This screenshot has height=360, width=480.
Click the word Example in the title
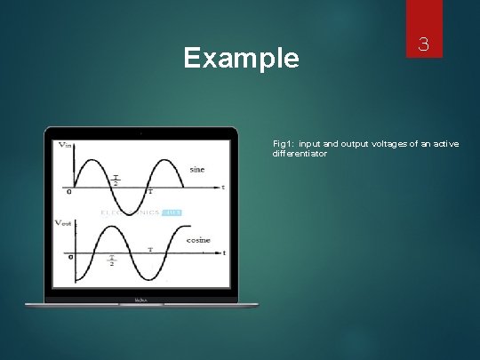tap(241, 59)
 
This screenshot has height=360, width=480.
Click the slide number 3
tap(424, 44)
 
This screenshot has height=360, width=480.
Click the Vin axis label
tap(66, 145)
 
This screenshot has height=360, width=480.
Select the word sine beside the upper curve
tap(197, 169)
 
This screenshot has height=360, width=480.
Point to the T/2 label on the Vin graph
tap(115, 181)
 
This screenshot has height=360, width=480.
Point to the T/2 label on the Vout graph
tap(113, 260)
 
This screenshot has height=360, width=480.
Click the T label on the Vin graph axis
tap(148, 192)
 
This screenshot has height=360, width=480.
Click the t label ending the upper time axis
tap(223, 188)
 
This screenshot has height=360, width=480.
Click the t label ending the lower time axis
tap(224, 253)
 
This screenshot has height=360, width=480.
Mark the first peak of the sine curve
tap(92, 161)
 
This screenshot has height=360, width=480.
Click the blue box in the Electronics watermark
tap(171, 212)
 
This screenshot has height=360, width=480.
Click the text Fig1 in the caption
tap(283, 143)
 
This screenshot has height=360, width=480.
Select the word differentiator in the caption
tap(300, 154)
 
